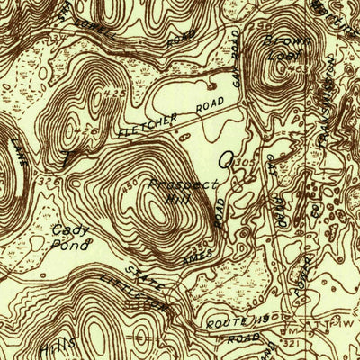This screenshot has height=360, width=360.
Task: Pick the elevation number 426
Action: click(85, 130)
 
